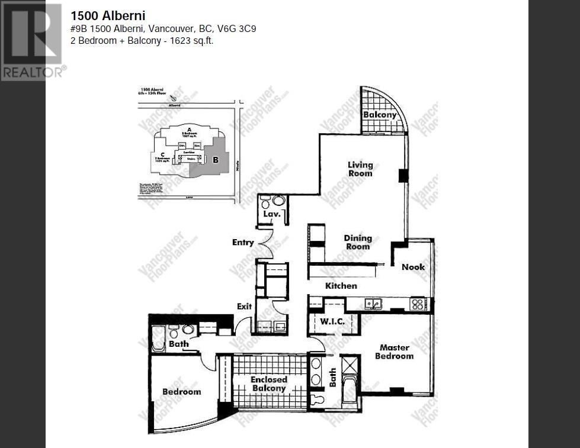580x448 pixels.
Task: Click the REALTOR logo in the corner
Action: tap(31, 41)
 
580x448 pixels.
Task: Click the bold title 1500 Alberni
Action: tap(108, 16)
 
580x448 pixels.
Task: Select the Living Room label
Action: tap(360, 169)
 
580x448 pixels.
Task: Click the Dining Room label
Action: tap(358, 242)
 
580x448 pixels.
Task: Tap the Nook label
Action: tap(413, 267)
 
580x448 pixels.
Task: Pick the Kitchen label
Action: tap(341, 286)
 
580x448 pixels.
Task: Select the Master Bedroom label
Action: tap(394, 352)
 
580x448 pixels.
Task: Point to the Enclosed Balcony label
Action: tap(268, 383)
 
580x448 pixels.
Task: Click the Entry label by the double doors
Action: tap(243, 242)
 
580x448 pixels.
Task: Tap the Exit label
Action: tap(244, 307)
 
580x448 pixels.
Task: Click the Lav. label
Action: tap(271, 214)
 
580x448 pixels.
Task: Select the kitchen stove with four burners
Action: tap(418, 304)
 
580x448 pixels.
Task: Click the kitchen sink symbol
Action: tap(373, 304)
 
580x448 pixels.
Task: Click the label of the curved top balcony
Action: tap(380, 114)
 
